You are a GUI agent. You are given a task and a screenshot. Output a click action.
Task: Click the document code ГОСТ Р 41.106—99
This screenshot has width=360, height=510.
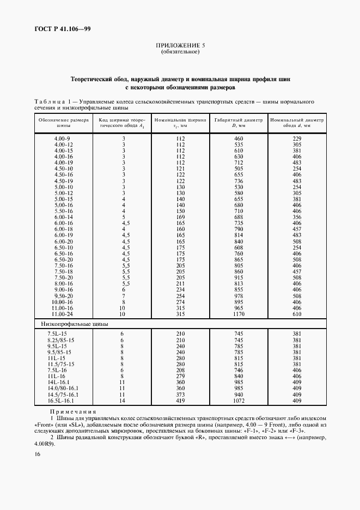(x=60, y=29)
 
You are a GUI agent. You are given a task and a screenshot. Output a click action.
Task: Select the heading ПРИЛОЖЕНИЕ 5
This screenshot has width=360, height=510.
(x=180, y=46)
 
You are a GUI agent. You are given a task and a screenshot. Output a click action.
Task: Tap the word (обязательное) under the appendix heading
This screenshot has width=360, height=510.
(x=180, y=52)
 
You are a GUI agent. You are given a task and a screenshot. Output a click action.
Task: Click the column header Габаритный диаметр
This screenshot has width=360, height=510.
(x=238, y=120)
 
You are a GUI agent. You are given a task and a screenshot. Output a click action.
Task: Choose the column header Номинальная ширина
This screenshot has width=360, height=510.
(x=180, y=120)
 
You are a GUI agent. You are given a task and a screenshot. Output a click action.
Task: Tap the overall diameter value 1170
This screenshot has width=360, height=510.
(x=238, y=314)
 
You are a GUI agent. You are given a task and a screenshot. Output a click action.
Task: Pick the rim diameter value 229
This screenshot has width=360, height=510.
(x=297, y=139)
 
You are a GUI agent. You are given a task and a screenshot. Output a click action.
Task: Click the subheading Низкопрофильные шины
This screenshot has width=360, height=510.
(x=75, y=324)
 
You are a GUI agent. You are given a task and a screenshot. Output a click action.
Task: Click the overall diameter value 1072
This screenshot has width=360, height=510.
(x=238, y=400)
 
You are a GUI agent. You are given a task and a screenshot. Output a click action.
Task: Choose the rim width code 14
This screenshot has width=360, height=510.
(x=123, y=400)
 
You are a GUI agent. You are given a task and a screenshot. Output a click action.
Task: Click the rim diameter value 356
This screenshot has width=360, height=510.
(x=297, y=217)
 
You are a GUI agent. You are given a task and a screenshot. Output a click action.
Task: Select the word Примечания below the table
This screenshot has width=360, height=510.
(x=73, y=411)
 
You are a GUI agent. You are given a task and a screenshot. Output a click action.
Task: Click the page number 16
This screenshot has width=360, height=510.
(x=36, y=454)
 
